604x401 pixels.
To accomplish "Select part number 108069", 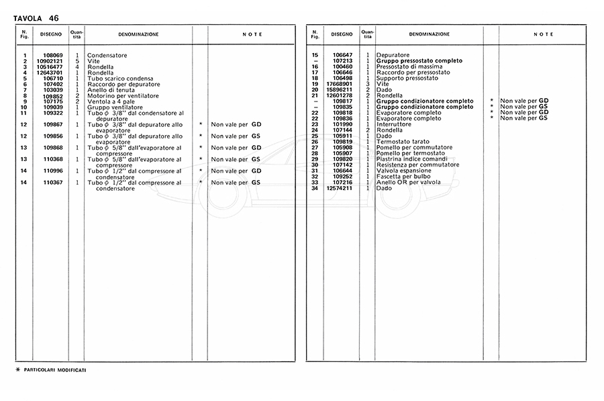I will point(53,56).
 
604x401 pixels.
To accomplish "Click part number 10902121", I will point(51,61).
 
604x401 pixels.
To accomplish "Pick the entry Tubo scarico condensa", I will point(119,79).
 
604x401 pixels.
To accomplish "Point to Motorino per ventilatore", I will point(123,96).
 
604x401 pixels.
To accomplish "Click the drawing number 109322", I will point(53,114).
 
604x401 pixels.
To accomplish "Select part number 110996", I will point(53,171).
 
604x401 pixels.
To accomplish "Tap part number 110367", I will point(53,182).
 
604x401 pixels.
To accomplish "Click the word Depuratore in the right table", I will point(395,55).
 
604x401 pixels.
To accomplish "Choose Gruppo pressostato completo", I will point(419,61).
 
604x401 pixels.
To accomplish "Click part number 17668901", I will point(340,84).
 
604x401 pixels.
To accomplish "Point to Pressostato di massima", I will point(410,66).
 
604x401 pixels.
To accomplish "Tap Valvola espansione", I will point(404,171).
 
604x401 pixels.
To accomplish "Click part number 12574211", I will point(340,188).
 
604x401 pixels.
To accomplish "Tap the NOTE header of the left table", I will point(252,34).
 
